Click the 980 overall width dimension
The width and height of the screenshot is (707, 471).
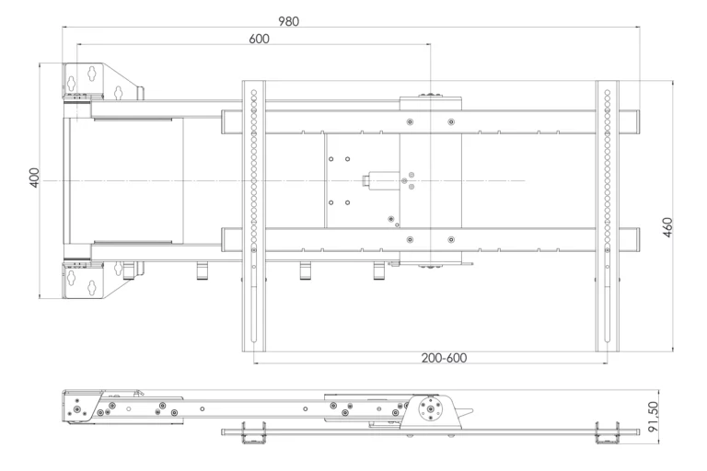click(288, 21)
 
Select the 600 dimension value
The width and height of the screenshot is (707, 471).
click(260, 39)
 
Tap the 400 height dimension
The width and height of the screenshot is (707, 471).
click(34, 178)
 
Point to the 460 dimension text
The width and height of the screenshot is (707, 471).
click(667, 227)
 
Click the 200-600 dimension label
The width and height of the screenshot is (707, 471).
click(444, 358)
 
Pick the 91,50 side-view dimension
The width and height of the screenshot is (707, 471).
click(654, 417)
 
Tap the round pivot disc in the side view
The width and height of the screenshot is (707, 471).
click(431, 409)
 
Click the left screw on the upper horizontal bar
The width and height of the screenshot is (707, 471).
click(410, 121)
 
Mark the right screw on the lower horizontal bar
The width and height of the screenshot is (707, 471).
click(451, 239)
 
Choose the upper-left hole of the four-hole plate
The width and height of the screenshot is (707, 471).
click(331, 159)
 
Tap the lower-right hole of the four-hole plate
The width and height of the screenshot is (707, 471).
click(348, 202)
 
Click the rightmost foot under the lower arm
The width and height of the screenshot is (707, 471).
click(379, 271)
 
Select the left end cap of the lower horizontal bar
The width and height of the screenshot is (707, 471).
click(224, 239)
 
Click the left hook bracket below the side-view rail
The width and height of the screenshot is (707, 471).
click(254, 432)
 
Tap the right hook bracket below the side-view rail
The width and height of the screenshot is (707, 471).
click(607, 432)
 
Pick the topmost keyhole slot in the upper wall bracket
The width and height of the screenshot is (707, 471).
click(92, 72)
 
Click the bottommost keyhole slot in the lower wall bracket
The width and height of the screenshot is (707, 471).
click(92, 288)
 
